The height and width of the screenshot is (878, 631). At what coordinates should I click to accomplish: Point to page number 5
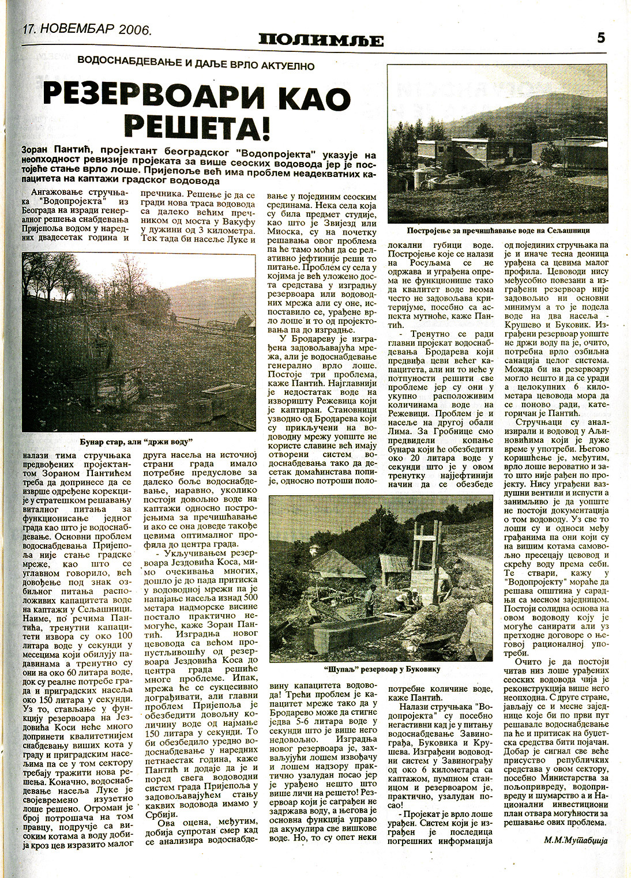600,37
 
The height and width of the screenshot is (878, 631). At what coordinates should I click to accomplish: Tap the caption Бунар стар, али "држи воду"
138,441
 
